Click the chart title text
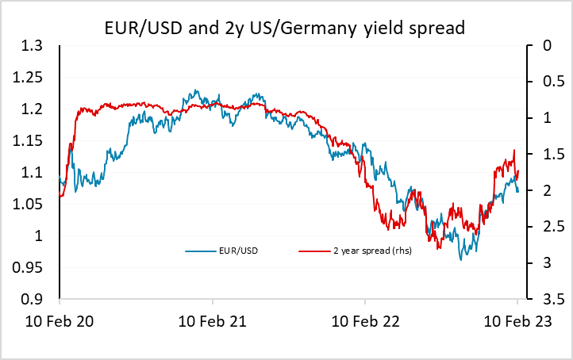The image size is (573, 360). [286, 29]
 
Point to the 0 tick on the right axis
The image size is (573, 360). [537, 46]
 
